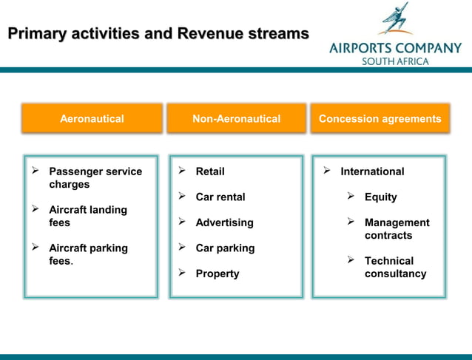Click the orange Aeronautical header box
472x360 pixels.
tap(92, 118)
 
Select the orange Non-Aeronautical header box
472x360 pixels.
tap(236, 118)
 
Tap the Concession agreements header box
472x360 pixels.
tap(380, 118)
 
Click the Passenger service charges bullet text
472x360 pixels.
tap(95, 178)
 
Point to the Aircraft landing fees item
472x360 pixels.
tap(87, 216)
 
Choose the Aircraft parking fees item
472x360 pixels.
tap(87, 254)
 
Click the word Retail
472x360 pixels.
tap(210, 171)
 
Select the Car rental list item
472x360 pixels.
tap(220, 197)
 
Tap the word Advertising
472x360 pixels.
tap(224, 223)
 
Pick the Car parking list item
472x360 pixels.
tap(225, 248)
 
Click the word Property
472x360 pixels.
tap(218, 274)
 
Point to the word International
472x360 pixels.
tap(372, 171)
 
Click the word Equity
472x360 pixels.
tap(380, 197)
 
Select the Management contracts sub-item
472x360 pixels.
tap(397, 229)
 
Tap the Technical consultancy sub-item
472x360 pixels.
tap(395, 267)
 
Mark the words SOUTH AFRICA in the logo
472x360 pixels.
tap(394, 61)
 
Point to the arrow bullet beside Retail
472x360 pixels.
tap(181, 171)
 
